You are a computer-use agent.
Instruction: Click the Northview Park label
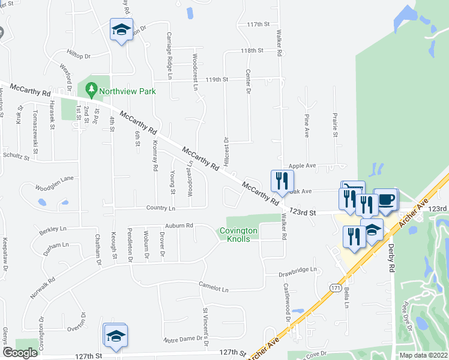[128, 91]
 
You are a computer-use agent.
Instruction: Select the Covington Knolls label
[238, 235]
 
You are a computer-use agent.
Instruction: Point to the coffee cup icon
[385, 199]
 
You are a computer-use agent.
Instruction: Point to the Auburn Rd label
[180, 226]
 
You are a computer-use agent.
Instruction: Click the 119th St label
[217, 79]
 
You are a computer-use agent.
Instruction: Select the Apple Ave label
[302, 165]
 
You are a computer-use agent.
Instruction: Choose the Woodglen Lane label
[54, 179]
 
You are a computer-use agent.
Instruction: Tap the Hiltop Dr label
[79, 56]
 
